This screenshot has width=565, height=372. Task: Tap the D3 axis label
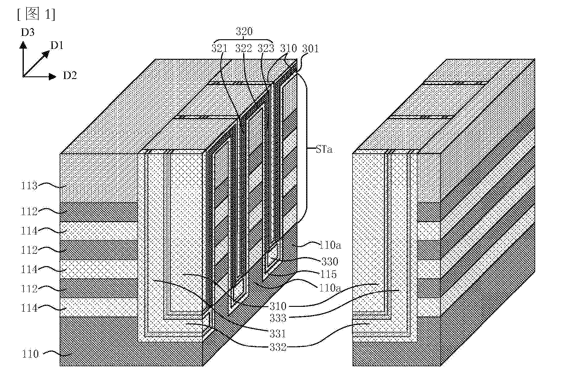tap(27, 32)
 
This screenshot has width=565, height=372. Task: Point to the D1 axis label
tap(57, 46)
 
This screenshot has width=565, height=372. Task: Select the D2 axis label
tap(70, 76)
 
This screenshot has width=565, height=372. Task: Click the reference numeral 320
tap(244, 31)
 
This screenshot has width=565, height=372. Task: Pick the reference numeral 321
tap(220, 48)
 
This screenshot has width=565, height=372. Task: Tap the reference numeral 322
tap(243, 48)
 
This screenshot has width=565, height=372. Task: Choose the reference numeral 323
tap(266, 48)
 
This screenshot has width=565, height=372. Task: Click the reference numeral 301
tap(310, 48)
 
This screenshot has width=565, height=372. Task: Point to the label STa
tap(324, 149)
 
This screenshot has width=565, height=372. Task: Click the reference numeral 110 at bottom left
tap(30, 354)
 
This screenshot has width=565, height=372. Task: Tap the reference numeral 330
tap(330, 261)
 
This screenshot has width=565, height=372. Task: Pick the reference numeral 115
tap(328, 274)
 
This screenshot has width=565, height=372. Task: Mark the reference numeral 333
tap(278, 318)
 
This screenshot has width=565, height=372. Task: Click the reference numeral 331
tap(278, 334)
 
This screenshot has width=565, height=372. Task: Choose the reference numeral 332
tap(278, 347)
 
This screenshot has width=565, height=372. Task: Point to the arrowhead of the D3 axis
tap(23, 45)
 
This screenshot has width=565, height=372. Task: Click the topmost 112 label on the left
tap(29, 211)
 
